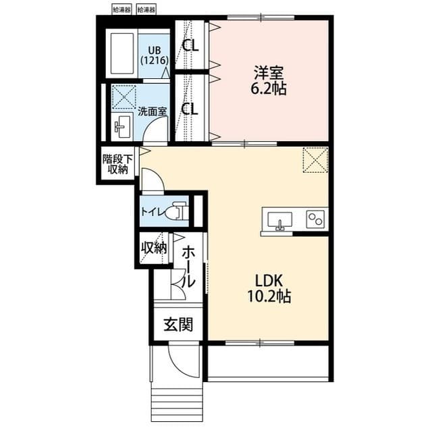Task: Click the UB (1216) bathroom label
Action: tap(149, 55)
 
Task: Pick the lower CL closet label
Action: tap(190, 109)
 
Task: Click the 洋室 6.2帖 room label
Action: tap(269, 79)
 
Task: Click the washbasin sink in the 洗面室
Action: tap(122, 125)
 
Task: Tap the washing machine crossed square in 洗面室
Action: tap(124, 97)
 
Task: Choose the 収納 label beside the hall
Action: tap(153, 248)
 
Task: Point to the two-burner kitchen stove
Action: tap(315, 219)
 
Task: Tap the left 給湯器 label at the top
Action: tap(122, 9)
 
